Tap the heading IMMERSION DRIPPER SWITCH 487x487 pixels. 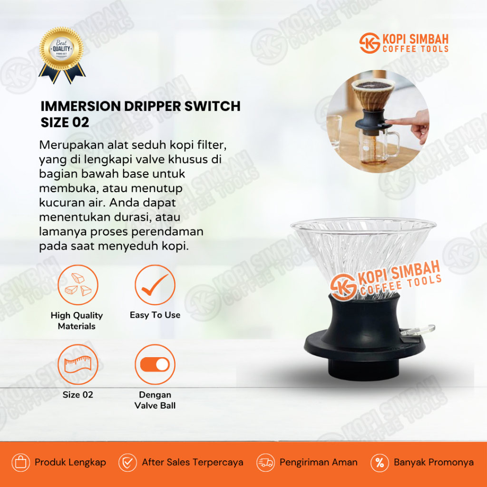click(140, 106)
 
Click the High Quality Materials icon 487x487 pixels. click(78, 285)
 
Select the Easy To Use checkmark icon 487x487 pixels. click(155, 285)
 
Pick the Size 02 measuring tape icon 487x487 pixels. click(78, 364)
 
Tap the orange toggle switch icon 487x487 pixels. click(155, 364)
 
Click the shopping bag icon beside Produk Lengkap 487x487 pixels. click(20, 462)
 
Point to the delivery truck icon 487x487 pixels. click(265, 462)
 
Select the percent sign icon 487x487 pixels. click(380, 462)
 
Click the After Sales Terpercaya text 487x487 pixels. click(192, 462)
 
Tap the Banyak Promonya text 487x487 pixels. click(433, 462)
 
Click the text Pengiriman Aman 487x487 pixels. click(318, 462)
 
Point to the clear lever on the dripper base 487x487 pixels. click(420, 330)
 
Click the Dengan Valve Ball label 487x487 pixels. click(155, 400)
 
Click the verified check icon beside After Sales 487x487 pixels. click(127, 462)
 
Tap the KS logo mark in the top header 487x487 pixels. click(369, 43)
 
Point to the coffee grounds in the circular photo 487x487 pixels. click(374, 85)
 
